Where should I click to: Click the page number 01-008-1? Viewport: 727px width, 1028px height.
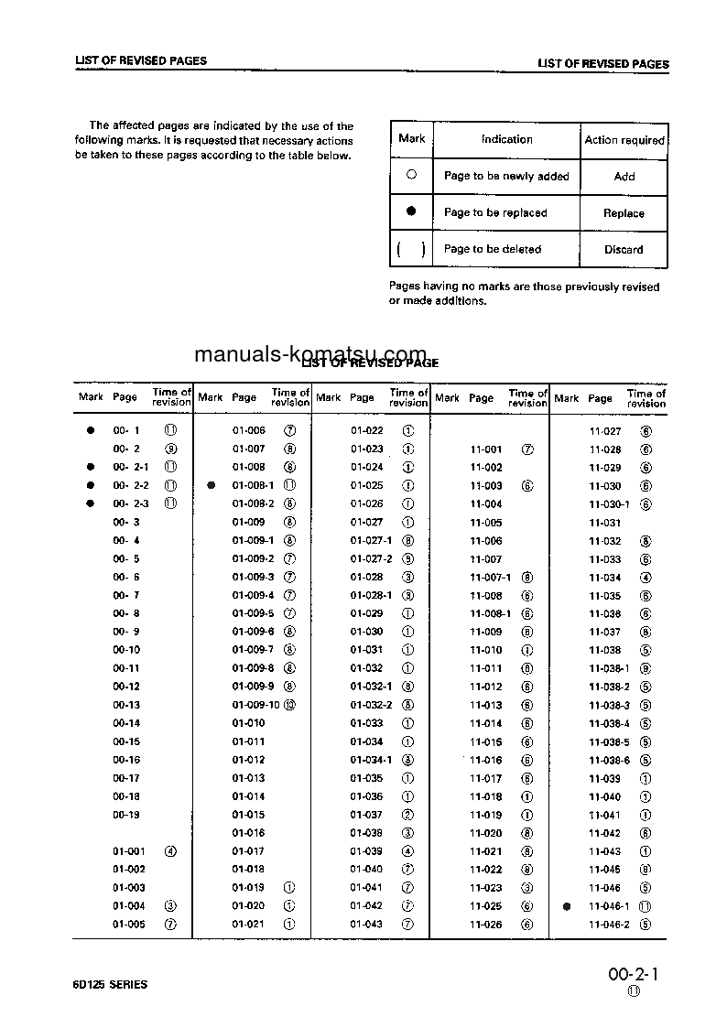click(253, 485)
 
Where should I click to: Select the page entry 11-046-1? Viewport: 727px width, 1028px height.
click(609, 906)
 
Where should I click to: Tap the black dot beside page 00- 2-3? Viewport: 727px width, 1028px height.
click(91, 503)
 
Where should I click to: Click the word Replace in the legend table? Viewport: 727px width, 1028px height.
click(624, 213)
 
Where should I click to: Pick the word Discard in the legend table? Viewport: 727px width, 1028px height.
click(624, 249)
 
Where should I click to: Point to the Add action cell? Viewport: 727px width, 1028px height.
click(624, 177)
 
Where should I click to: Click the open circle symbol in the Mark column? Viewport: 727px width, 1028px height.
click(412, 175)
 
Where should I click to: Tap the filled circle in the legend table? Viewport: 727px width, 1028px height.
click(412, 211)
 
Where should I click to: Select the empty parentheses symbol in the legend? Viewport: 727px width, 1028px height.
click(412, 249)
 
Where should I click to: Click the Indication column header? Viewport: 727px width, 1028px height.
click(506, 140)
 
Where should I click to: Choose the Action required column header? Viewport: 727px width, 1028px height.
click(624, 140)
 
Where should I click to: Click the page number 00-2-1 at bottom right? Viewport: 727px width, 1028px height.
click(633, 976)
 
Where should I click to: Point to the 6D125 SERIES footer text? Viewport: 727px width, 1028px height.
click(111, 984)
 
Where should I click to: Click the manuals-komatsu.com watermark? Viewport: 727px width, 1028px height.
click(311, 354)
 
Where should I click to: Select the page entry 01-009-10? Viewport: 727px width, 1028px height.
click(255, 705)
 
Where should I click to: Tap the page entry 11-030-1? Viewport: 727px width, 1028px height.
click(609, 503)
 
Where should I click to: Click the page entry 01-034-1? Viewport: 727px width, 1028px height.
click(371, 760)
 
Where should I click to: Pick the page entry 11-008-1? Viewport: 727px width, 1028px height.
click(490, 613)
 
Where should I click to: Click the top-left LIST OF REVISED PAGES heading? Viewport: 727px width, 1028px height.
click(141, 61)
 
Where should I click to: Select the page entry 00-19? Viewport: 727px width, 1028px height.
click(126, 815)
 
